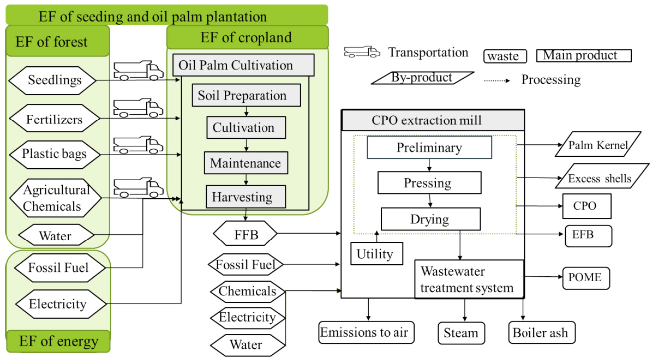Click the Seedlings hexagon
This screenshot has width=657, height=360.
point(55,80)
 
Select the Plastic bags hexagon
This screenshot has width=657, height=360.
point(54,153)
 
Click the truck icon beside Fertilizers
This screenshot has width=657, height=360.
point(138,108)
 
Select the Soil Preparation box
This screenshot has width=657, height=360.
point(242,95)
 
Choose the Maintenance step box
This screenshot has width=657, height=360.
point(245,163)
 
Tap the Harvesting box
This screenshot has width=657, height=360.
point(242,197)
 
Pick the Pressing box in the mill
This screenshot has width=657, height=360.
point(429,183)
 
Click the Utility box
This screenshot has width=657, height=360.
point(375,254)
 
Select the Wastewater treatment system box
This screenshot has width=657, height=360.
point(469,279)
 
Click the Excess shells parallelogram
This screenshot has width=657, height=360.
point(599,178)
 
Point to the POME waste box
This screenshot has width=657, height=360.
point(585,277)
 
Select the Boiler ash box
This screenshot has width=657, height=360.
point(540,332)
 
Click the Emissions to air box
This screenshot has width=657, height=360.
point(367,332)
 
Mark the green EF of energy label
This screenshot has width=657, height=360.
point(58,342)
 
